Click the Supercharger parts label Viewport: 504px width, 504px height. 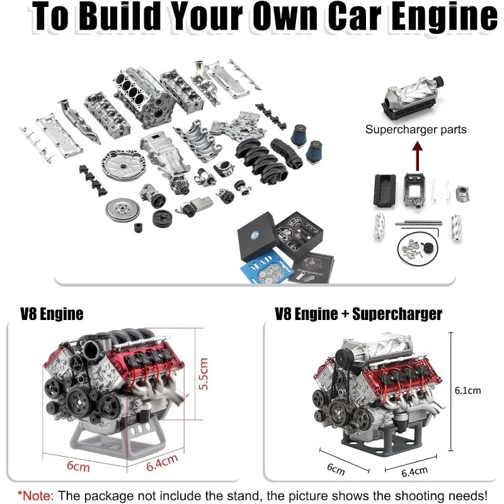(x=416, y=129)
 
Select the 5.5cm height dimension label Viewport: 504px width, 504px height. (x=203, y=375)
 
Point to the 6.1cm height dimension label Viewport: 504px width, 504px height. (x=467, y=390)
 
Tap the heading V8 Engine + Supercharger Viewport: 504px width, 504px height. (x=358, y=313)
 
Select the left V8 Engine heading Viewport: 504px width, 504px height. (x=52, y=313)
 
